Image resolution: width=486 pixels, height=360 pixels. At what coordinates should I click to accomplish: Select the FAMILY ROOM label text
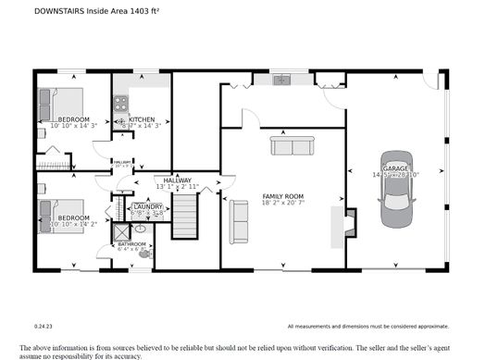click(x=283, y=196)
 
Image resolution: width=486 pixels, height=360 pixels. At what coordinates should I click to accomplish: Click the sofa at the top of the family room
click(x=293, y=145)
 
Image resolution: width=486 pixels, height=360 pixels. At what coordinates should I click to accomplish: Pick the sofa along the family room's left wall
click(x=240, y=221)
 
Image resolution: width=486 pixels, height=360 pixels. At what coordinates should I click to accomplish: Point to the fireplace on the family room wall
click(x=348, y=225)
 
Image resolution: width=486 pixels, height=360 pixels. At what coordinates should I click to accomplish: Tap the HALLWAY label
click(x=177, y=180)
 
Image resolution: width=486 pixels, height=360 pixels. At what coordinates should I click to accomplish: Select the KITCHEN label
click(x=142, y=119)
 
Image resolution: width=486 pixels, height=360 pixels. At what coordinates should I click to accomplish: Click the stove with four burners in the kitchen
click(x=119, y=118)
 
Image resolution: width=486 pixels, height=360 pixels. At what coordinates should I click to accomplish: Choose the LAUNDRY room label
click(x=147, y=205)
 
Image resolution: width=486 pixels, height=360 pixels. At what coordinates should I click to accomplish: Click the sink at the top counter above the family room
click(x=282, y=80)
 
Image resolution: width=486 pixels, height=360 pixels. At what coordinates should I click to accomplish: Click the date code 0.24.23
click(x=44, y=325)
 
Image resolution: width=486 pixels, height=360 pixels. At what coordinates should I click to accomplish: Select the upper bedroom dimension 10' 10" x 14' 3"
click(x=75, y=127)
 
